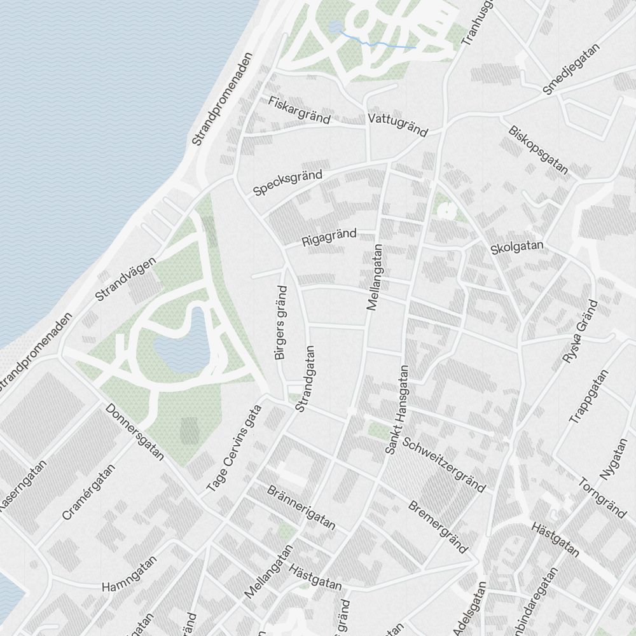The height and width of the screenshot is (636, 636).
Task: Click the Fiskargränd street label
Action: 300,110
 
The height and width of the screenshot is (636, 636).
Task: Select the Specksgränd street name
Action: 287,183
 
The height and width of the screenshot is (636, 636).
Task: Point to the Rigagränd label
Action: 329,238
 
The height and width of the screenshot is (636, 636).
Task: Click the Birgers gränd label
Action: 281,322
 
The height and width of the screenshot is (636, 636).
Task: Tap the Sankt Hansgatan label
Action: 396,410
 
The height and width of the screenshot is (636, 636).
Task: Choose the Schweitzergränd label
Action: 444,465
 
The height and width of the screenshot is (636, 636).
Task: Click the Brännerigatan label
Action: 301,508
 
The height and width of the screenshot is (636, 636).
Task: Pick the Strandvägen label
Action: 125,279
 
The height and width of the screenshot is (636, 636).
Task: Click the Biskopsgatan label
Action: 538,149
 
